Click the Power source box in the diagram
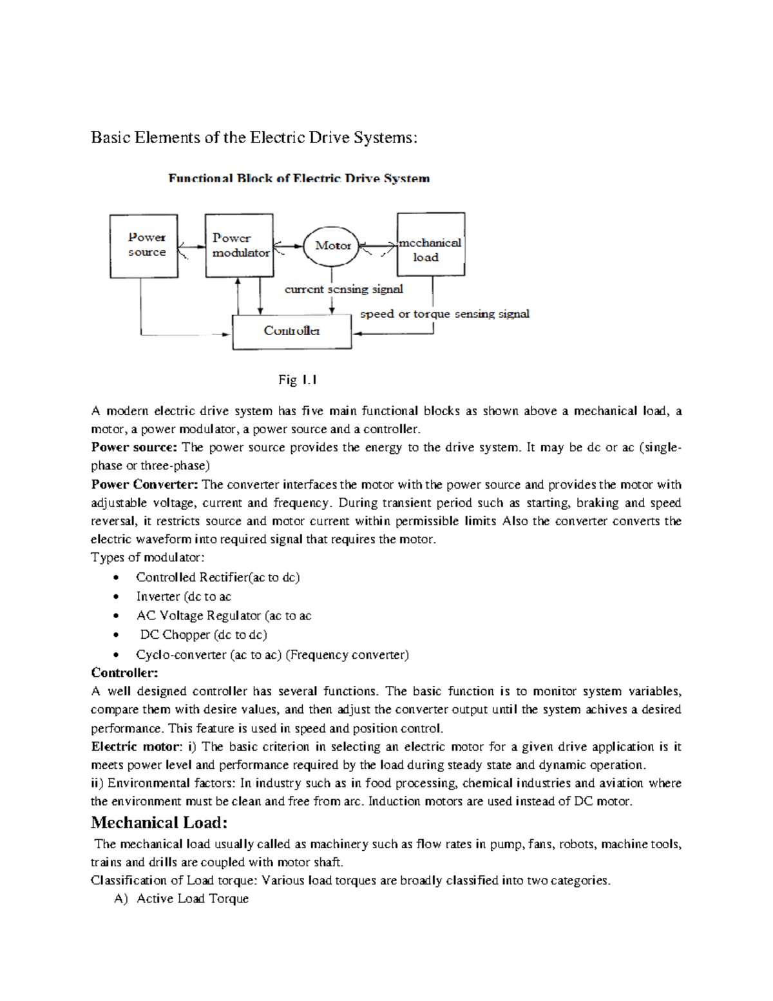click(144, 246)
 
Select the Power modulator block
click(239, 246)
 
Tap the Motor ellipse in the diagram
click(331, 246)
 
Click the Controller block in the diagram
click(292, 331)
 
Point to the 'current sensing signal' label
click(343, 289)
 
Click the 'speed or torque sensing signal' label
click(444, 314)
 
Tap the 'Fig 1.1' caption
click(297, 380)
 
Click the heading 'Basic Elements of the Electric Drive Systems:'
click(254, 137)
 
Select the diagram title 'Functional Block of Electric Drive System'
click(299, 179)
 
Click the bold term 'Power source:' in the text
click(133, 447)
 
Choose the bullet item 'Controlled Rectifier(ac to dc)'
click(218, 578)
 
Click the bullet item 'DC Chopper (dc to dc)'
click(203, 635)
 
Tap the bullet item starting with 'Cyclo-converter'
click(272, 655)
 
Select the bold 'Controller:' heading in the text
click(124, 673)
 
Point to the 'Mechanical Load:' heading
click(159, 822)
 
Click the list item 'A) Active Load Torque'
click(182, 899)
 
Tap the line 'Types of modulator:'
click(148, 558)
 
